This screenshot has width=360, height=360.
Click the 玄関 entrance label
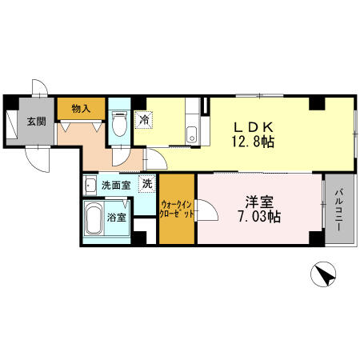pyautogui.click(x=36, y=122)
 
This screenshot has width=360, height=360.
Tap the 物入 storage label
pyautogui.click(x=81, y=109)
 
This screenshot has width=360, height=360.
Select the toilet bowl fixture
pyautogui.click(x=119, y=124)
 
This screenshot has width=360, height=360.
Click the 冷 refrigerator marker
pyautogui.click(x=144, y=120)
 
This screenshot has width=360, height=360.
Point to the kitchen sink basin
pyautogui.click(x=191, y=134)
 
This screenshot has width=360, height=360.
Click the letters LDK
pyautogui.click(x=254, y=127)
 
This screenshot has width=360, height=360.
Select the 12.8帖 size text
pyautogui.click(x=253, y=142)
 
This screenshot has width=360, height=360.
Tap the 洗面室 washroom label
pyautogui.click(x=116, y=185)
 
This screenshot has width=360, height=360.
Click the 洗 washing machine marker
pyautogui.click(x=147, y=183)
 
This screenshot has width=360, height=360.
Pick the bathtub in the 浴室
pyautogui.click(x=94, y=218)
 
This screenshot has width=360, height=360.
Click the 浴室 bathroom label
pyautogui.click(x=117, y=218)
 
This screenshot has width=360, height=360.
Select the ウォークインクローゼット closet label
pyautogui.click(x=176, y=210)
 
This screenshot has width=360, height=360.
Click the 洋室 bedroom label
pyautogui.click(x=259, y=202)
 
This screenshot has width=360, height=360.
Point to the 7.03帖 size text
pyautogui.click(x=259, y=217)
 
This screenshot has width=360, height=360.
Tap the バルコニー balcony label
pyautogui.click(x=339, y=210)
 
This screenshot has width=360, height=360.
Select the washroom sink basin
pyautogui.click(x=90, y=185)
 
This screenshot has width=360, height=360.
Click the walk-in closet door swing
pyautogui.click(x=207, y=210)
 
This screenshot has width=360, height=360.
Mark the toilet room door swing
pyautogui.click(x=121, y=157)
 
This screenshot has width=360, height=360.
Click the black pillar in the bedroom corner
pyautogui.click(x=317, y=238)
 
